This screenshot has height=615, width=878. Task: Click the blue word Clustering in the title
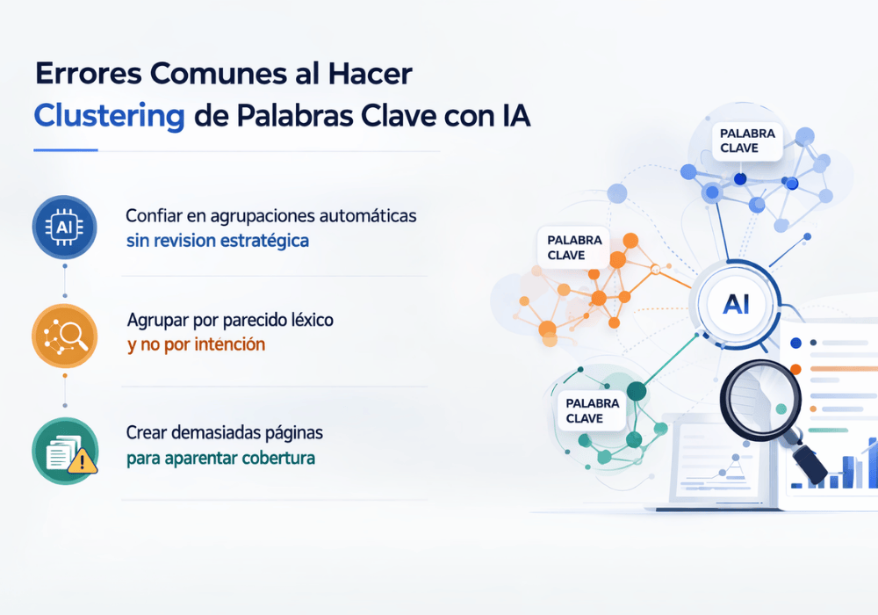(x=109, y=116)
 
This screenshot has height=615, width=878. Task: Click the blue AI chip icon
(x=64, y=228)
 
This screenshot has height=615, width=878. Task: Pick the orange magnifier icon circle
(x=64, y=336)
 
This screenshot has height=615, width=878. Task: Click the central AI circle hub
(x=735, y=305)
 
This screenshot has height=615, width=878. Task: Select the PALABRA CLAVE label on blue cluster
(x=747, y=141)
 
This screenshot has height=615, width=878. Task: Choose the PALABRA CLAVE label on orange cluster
(x=574, y=248)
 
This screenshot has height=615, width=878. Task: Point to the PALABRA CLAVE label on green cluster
(x=593, y=410)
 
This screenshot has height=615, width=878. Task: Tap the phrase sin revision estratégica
(x=217, y=240)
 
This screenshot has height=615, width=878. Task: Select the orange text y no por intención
(x=196, y=344)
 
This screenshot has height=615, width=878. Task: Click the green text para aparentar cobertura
(x=220, y=458)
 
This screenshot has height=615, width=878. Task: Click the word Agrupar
(x=156, y=320)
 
